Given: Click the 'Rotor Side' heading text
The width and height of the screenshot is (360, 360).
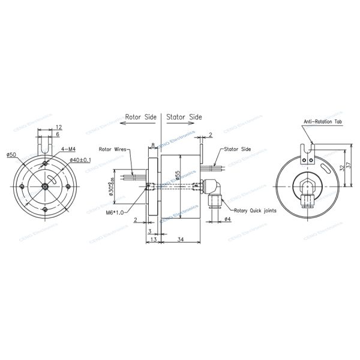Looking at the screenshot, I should point(140,117).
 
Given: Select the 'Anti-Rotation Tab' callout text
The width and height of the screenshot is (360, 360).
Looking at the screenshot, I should point(322,122).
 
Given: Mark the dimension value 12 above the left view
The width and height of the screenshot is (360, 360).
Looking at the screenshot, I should point(58,127).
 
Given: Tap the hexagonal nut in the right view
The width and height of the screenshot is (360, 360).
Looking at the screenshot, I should point(308,185).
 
